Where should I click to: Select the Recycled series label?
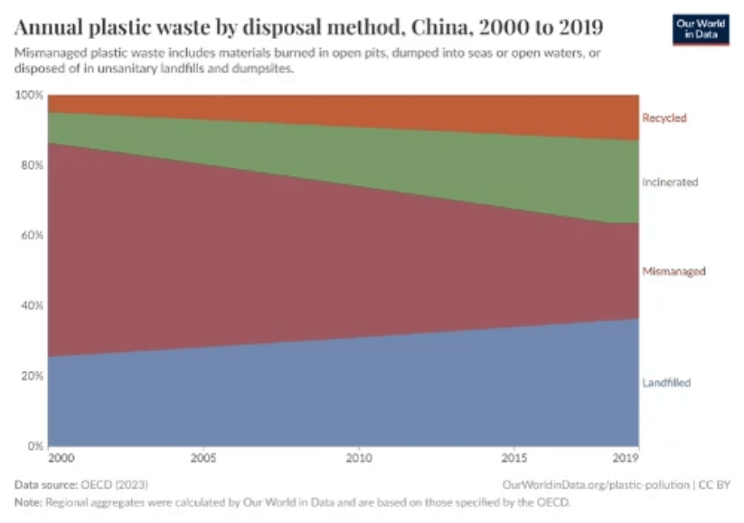click(664, 117)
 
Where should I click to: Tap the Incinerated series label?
click(670, 182)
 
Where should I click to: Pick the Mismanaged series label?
click(673, 271)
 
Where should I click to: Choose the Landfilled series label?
click(666, 382)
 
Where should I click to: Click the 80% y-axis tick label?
click(31, 165)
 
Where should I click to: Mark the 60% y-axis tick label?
click(31, 235)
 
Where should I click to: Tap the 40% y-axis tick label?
click(31, 305)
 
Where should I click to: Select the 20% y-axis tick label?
click(31, 375)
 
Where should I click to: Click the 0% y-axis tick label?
click(33, 445)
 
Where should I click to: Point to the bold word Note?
click(28, 501)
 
